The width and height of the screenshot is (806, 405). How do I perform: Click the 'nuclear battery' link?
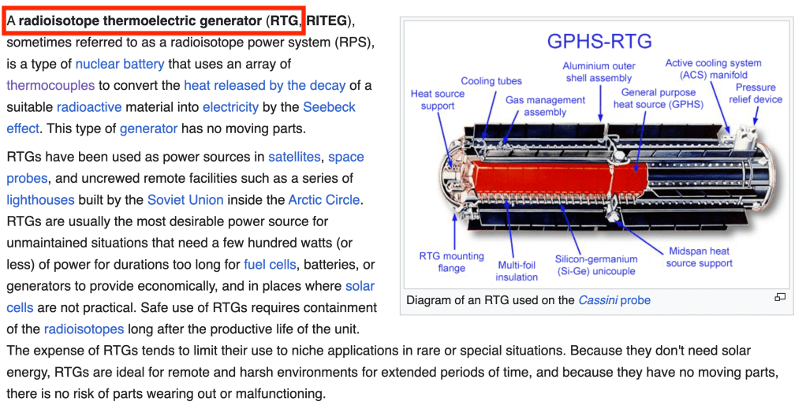pos(120,64)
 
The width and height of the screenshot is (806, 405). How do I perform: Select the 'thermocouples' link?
pos(50,85)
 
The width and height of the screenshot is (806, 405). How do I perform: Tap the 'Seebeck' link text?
pos(329,107)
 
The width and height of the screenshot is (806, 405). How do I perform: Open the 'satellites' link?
pos(294,157)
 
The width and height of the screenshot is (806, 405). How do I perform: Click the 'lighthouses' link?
pos(40,199)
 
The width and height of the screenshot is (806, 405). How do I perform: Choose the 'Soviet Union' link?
pos(185,199)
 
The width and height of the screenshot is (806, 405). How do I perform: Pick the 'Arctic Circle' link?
pos(324,199)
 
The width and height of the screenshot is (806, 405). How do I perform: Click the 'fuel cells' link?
pos(270,265)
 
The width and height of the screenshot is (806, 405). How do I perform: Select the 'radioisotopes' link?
pos(84,329)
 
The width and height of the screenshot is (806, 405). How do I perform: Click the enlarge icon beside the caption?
pos(780,297)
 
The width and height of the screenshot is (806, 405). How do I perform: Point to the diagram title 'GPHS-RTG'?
pos(599,41)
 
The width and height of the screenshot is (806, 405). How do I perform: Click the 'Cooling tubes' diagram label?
pos(491,81)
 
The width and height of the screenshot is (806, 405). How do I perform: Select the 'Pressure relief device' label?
pos(756,94)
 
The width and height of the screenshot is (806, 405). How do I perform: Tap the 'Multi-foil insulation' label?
pos(517,271)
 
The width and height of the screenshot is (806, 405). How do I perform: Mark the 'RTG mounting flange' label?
pos(451,262)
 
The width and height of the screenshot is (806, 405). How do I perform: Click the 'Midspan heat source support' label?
pos(699,257)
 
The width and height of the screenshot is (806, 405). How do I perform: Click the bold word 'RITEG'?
pos(327,21)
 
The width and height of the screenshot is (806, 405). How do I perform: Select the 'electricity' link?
pos(231,107)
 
